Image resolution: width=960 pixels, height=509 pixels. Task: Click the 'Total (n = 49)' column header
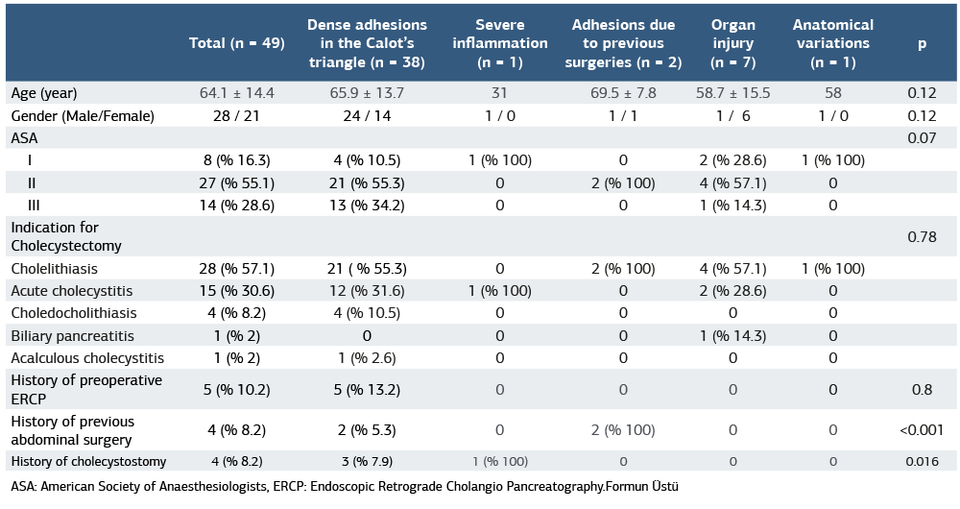click(236, 43)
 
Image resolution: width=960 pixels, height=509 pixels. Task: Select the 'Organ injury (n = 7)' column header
click(734, 43)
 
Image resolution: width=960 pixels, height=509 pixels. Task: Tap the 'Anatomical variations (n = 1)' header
click(832, 43)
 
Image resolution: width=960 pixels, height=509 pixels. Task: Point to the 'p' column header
click(922, 43)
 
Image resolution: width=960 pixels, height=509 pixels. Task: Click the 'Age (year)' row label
click(44, 93)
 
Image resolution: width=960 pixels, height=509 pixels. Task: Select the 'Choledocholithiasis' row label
click(74, 313)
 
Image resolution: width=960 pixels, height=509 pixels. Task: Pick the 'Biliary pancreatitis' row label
click(73, 335)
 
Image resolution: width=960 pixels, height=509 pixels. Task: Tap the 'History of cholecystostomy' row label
click(88, 461)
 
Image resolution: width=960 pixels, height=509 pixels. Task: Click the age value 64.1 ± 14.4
click(236, 93)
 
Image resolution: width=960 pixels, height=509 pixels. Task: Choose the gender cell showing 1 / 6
click(734, 116)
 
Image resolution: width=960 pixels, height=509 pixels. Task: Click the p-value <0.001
click(922, 429)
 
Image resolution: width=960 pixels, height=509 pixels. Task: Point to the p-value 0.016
click(922, 461)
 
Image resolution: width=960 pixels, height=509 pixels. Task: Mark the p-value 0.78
click(922, 236)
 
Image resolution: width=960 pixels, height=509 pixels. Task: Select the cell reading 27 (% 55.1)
click(236, 182)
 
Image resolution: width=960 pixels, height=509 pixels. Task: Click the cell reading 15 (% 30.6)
click(236, 291)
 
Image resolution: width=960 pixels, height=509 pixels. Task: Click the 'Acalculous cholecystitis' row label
click(87, 358)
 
